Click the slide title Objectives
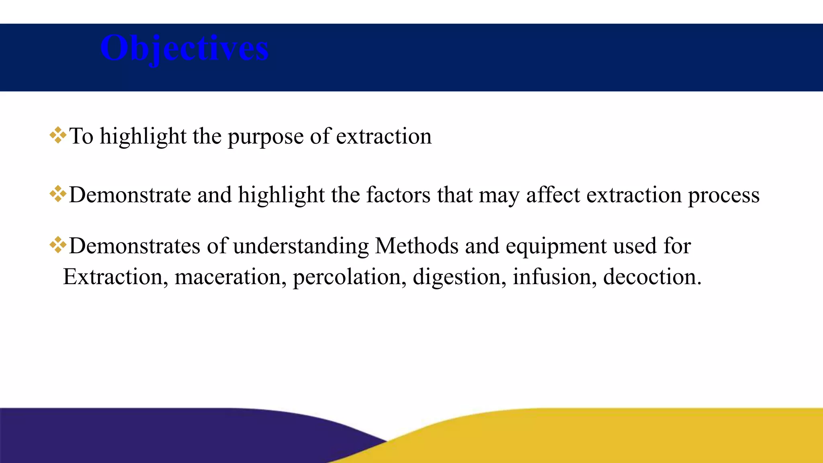[184, 48]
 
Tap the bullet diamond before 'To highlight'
[58, 135]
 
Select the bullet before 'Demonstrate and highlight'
[58, 194]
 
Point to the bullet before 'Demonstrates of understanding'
[58, 245]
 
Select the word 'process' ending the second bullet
[723, 196]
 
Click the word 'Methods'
[416, 246]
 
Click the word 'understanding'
[301, 246]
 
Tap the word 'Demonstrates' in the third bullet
[135, 246]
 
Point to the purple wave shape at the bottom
[161, 436]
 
